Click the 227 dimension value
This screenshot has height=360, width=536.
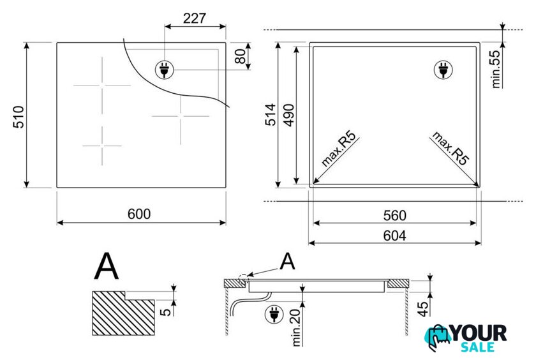tap(195, 18)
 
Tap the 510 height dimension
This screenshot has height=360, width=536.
tap(19, 117)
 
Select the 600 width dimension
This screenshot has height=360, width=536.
tap(139, 214)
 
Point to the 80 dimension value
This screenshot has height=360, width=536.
tap(241, 56)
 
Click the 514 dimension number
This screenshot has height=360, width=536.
tap(270, 114)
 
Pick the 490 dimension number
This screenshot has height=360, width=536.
tap(289, 116)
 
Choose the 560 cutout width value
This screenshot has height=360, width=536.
tap(395, 215)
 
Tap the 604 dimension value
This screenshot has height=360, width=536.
tap(395, 236)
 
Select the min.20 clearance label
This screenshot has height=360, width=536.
tap(295, 327)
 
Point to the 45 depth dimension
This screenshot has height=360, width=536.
tap(423, 309)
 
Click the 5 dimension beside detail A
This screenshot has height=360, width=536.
tap(165, 311)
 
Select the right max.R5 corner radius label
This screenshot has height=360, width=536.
tap(450, 148)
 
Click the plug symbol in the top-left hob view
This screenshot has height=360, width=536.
tap(165, 70)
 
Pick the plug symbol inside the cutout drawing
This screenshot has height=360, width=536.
tap(443, 70)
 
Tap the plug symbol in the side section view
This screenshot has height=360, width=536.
tap(274, 315)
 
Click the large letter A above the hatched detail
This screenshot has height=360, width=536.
tap(107, 267)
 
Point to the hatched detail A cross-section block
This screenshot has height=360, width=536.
tap(123, 313)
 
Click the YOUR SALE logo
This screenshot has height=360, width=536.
tap(466, 338)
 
